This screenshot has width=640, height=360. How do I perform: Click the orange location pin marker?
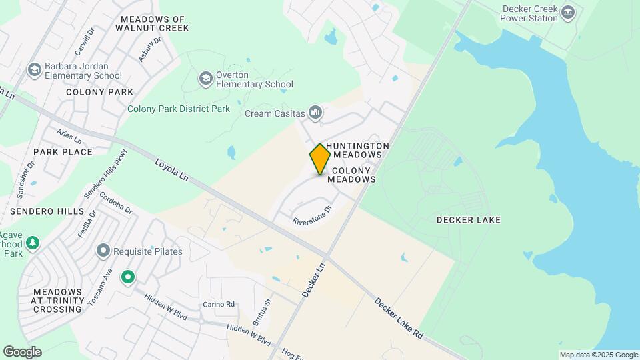pyautogui.click(x=321, y=159)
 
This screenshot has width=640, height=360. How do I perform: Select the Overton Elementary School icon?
pyautogui.click(x=206, y=79)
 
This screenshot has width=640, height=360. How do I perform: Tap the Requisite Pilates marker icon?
pyautogui.click(x=103, y=251)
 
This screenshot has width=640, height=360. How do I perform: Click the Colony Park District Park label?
pyautogui.click(x=178, y=109)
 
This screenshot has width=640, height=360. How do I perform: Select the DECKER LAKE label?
pyautogui.click(x=468, y=220)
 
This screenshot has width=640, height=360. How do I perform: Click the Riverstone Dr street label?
pyautogui.click(x=312, y=215)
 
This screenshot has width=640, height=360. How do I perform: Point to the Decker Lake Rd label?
pyautogui.click(x=399, y=317)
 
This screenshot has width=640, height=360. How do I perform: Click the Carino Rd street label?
pyautogui.click(x=219, y=304)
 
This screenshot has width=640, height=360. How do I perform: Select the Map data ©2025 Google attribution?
pyautogui.click(x=599, y=355)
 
